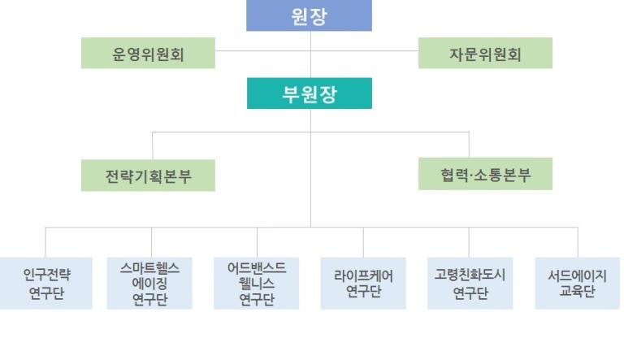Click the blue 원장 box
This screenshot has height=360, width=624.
310,15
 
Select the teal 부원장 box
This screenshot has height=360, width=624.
310,93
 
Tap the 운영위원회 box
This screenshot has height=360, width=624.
148,53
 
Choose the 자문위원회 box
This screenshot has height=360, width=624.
485,53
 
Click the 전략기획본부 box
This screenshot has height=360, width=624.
148,176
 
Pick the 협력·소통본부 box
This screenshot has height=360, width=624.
485,174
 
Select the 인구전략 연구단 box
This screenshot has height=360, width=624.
46,283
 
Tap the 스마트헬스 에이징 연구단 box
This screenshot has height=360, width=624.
149,283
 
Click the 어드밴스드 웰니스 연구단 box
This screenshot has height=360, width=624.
256,283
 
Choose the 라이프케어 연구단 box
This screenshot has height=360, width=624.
363,283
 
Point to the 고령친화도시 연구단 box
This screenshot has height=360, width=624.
470,283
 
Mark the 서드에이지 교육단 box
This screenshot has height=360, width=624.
578,283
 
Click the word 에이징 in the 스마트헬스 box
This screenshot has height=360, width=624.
149,284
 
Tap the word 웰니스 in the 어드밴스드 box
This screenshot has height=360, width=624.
257,284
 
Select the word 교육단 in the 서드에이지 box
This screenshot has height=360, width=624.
578,292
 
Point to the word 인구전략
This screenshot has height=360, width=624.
46,275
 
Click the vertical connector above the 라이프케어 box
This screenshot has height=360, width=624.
363,242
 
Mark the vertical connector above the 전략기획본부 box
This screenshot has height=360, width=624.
153,145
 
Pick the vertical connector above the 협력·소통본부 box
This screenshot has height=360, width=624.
469,145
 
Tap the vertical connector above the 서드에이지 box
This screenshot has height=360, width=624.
578,242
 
